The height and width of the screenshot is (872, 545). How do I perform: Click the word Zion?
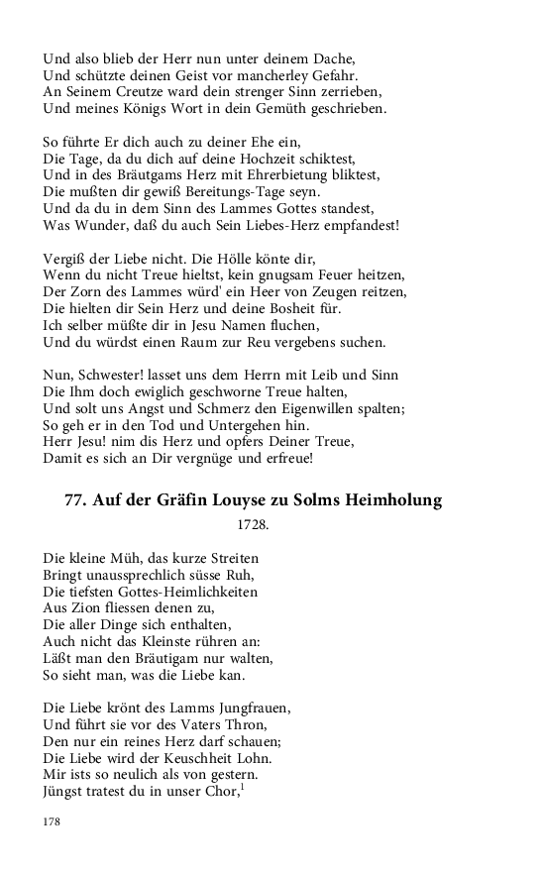click(x=88, y=608)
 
